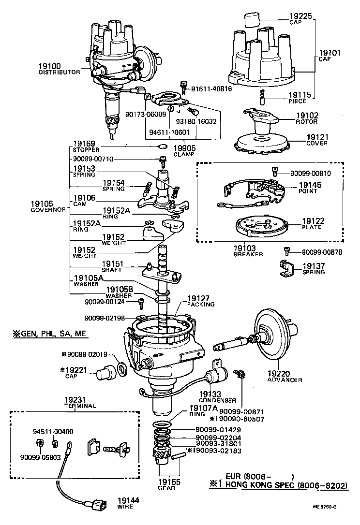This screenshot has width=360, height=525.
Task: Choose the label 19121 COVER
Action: click(316, 140)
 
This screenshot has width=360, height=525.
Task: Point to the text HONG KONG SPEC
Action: click(257, 485)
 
